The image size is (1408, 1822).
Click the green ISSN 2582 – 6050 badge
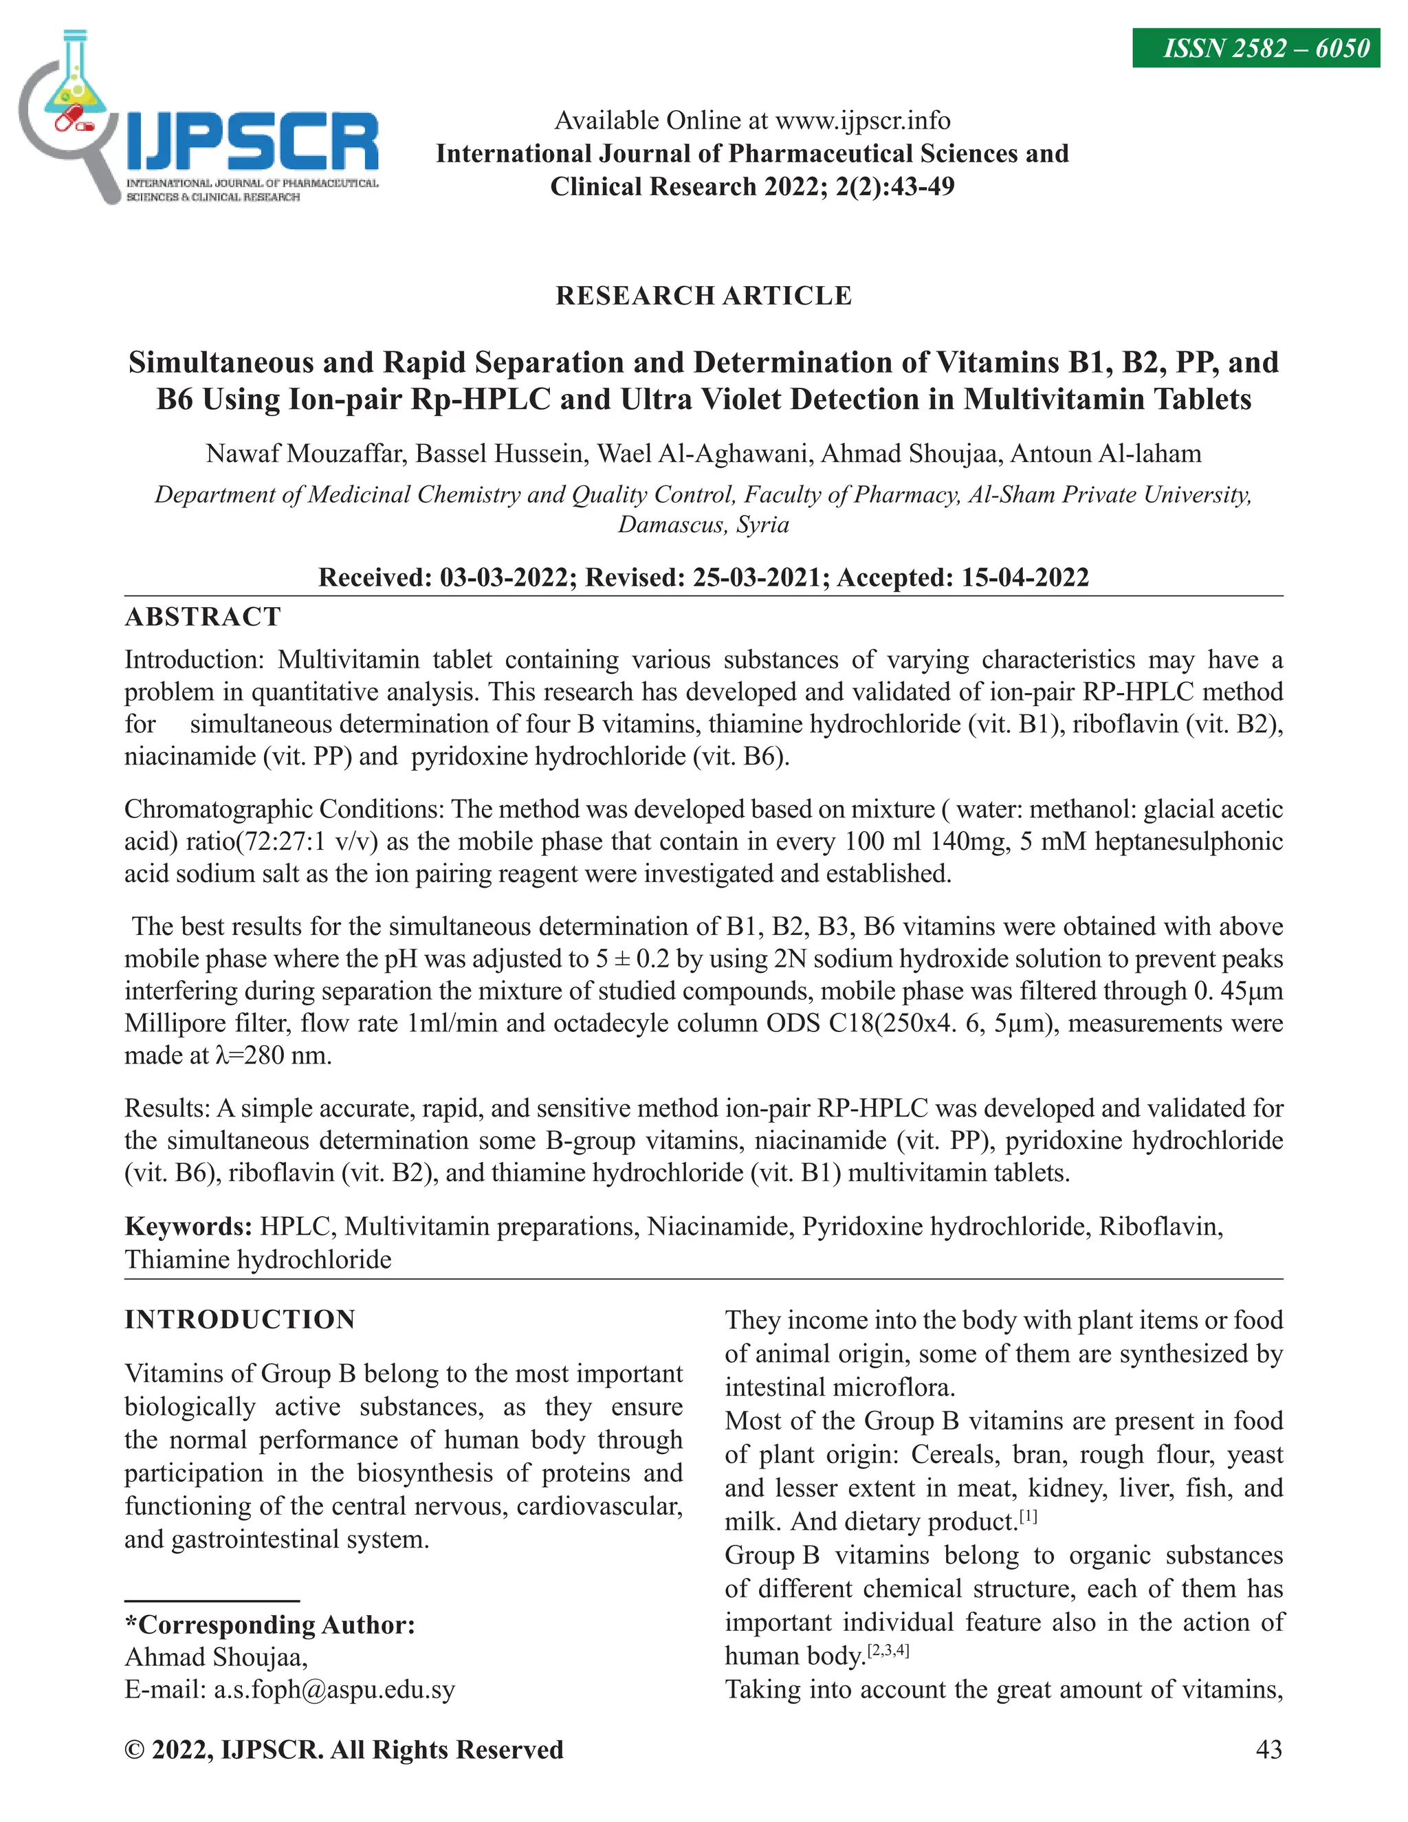[1255, 48]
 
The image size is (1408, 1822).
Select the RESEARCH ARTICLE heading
[703, 296]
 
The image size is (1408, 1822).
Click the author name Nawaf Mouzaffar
[305, 454]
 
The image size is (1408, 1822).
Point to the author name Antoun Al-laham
[1105, 454]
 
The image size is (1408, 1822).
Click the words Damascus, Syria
[703, 525]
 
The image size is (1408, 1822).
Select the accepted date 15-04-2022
[1025, 578]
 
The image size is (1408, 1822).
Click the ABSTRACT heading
[203, 617]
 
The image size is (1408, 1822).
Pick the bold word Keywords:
[188, 1227]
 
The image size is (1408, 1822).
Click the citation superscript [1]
[1028, 1517]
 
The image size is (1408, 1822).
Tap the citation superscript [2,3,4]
[888, 1650]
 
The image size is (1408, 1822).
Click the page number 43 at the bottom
[1268, 1749]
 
